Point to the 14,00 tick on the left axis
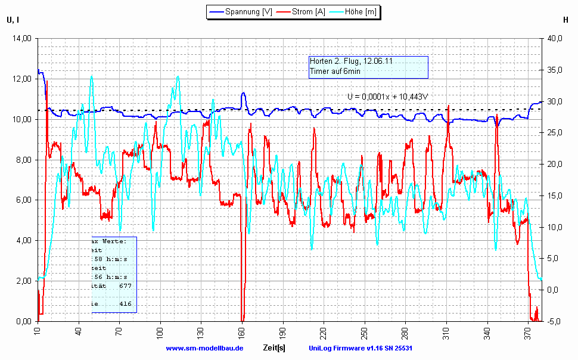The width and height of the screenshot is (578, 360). pyautogui.click(x=22, y=39)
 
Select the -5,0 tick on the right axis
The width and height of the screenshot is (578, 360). pyautogui.click(x=554, y=321)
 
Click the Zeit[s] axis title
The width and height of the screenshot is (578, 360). pyautogui.click(x=274, y=347)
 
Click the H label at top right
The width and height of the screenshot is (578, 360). pyautogui.click(x=565, y=20)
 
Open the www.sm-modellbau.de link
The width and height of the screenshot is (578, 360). pyautogui.click(x=204, y=348)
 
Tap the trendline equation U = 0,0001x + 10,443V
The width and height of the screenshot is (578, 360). pyautogui.click(x=389, y=96)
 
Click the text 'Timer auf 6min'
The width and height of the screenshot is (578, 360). pyautogui.click(x=334, y=72)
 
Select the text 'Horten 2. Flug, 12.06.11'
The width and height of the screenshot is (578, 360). pyautogui.click(x=351, y=61)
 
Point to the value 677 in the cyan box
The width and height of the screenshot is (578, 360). pyautogui.click(x=125, y=286)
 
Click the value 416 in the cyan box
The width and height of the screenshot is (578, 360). pyautogui.click(x=125, y=304)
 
